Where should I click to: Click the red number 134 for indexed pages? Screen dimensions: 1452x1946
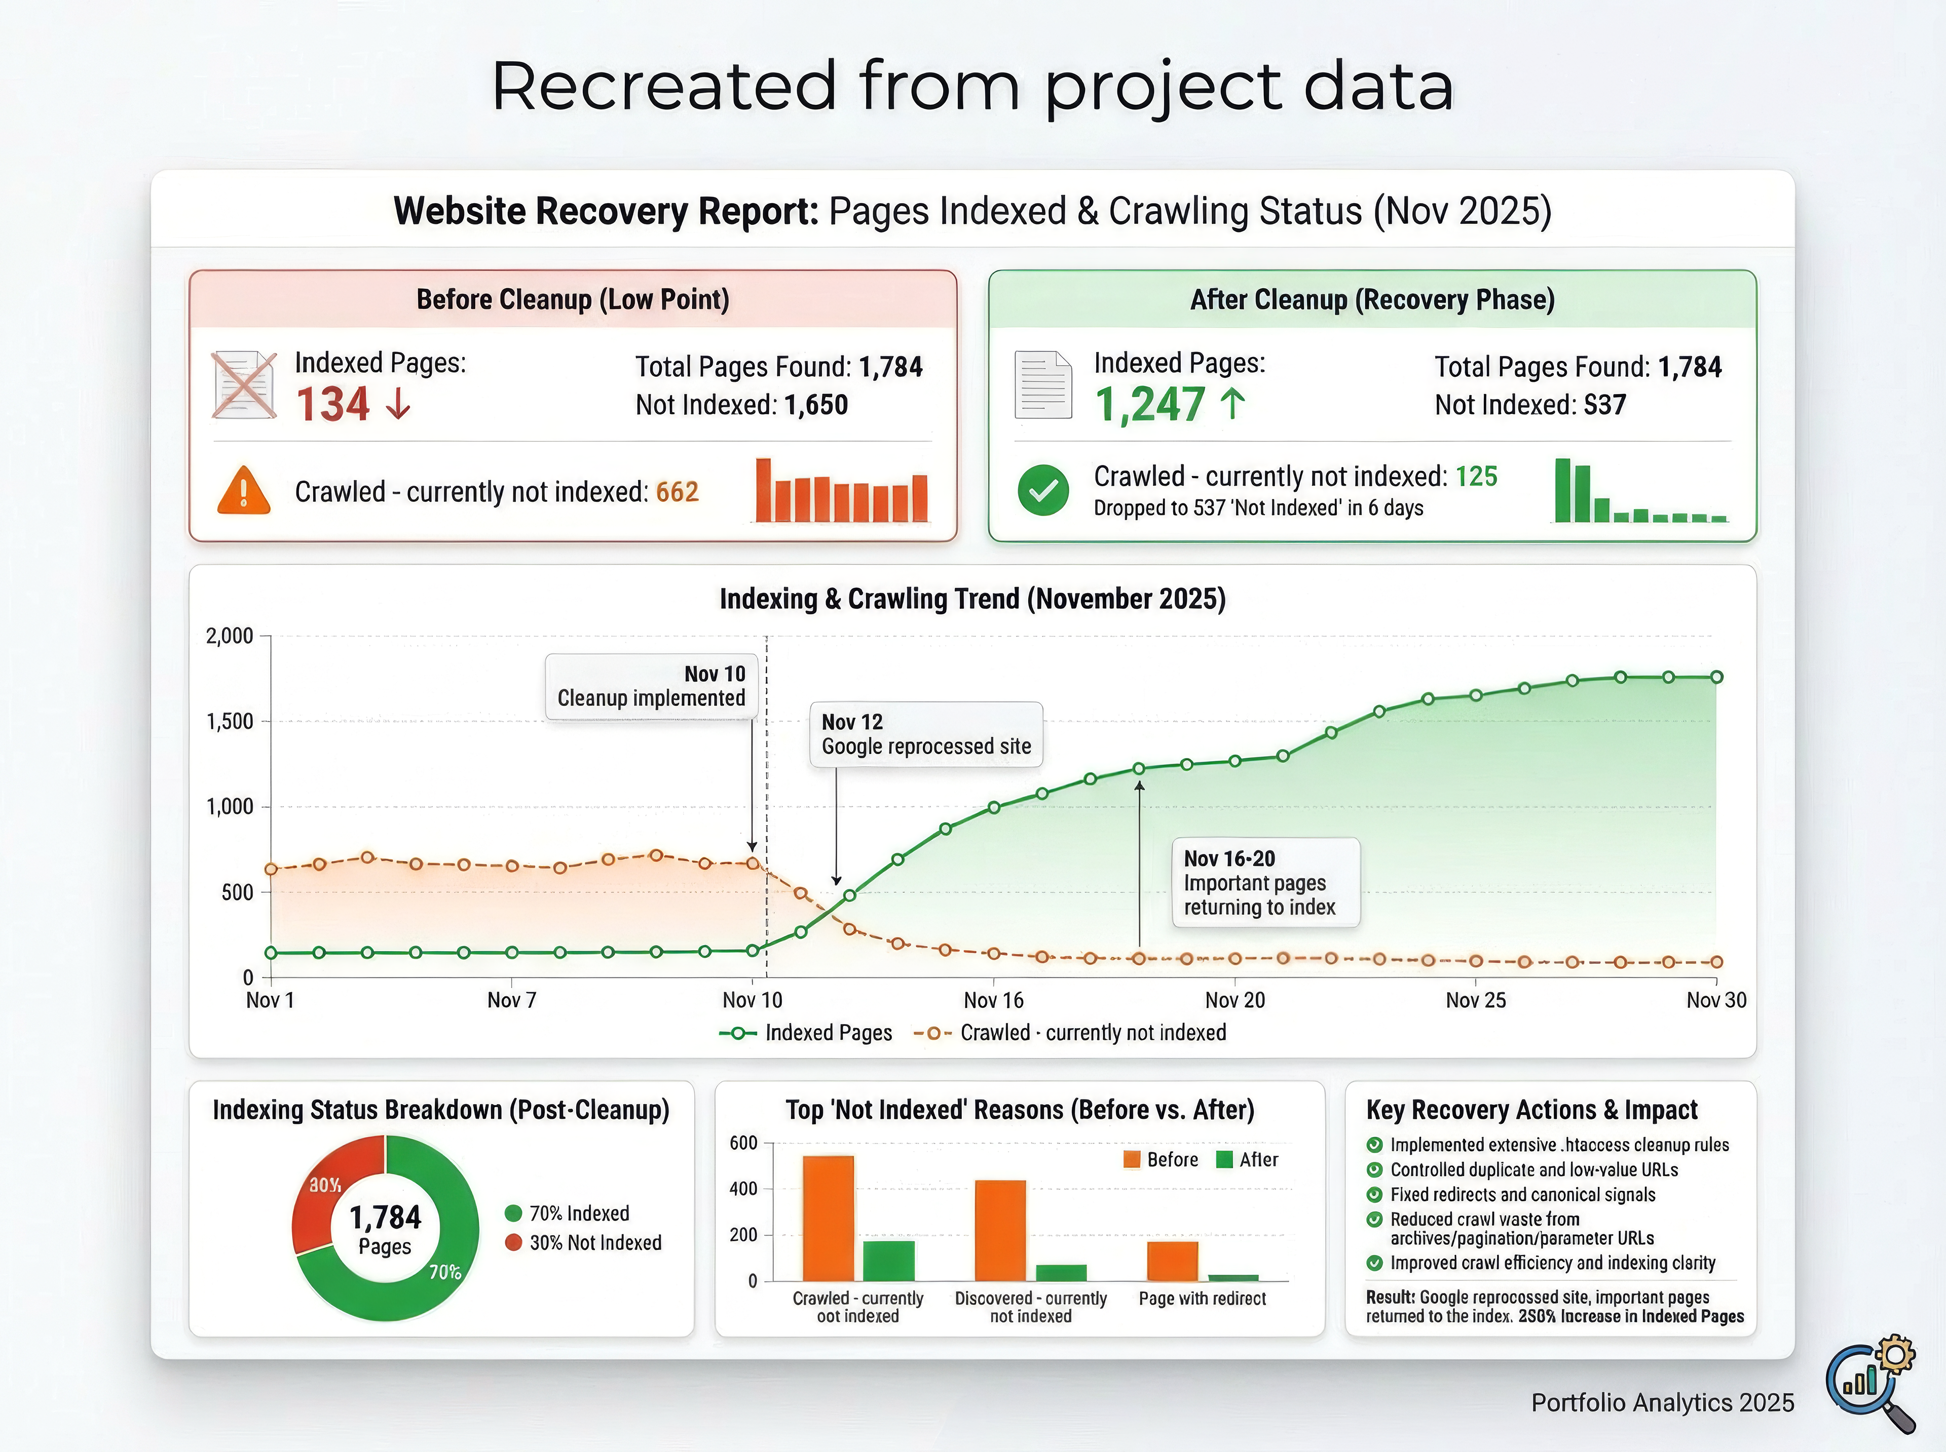(332, 405)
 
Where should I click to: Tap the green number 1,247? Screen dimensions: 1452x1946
(1149, 405)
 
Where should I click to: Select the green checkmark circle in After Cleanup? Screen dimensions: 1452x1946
(1043, 490)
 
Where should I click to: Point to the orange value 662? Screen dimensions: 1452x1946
(677, 492)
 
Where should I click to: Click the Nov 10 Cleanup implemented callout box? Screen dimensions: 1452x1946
(651, 686)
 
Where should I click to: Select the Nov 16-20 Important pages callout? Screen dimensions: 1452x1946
(1265, 882)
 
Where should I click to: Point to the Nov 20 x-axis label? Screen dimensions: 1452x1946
(1234, 1000)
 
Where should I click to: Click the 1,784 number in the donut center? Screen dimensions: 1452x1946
(385, 1218)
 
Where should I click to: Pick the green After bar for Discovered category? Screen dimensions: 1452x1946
(1061, 1273)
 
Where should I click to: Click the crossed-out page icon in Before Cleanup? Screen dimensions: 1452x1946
(244, 385)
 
